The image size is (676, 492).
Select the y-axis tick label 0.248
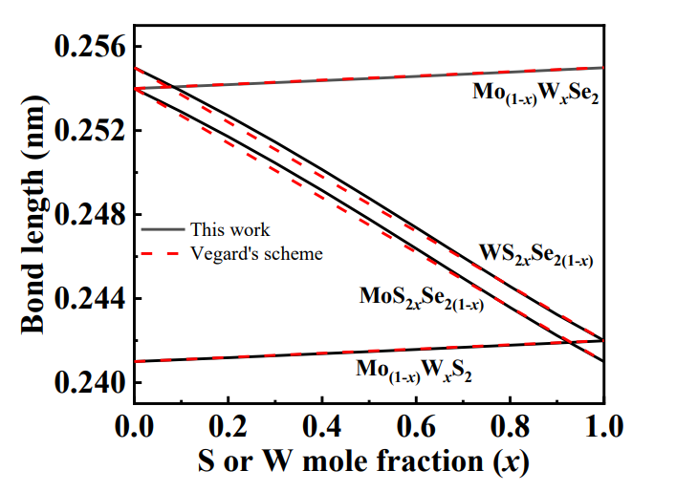[91, 215]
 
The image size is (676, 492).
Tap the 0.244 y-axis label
[91, 299]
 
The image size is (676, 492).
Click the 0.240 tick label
[91, 383]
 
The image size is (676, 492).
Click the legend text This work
[229, 229]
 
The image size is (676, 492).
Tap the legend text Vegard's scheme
[256, 253]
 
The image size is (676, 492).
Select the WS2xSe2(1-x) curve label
[535, 257]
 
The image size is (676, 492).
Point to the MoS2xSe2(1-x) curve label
[421, 297]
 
